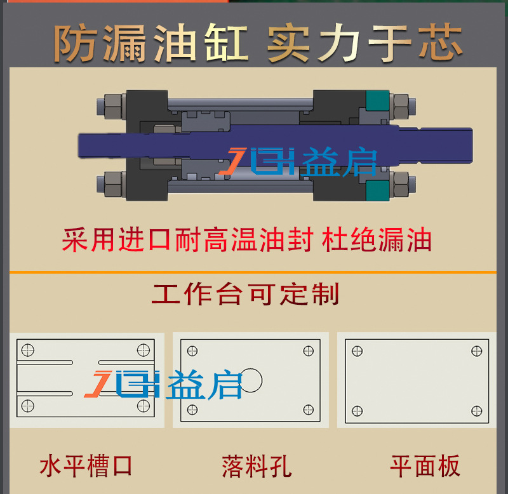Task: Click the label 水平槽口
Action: [86, 466]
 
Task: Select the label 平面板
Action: [424, 466]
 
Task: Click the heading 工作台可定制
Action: [245, 294]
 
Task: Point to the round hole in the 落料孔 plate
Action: [250, 380]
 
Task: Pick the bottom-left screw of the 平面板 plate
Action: [358, 410]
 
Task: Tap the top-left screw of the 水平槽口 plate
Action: [27, 350]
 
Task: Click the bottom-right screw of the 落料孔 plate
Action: [309, 410]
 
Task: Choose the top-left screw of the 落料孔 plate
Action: [193, 351]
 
